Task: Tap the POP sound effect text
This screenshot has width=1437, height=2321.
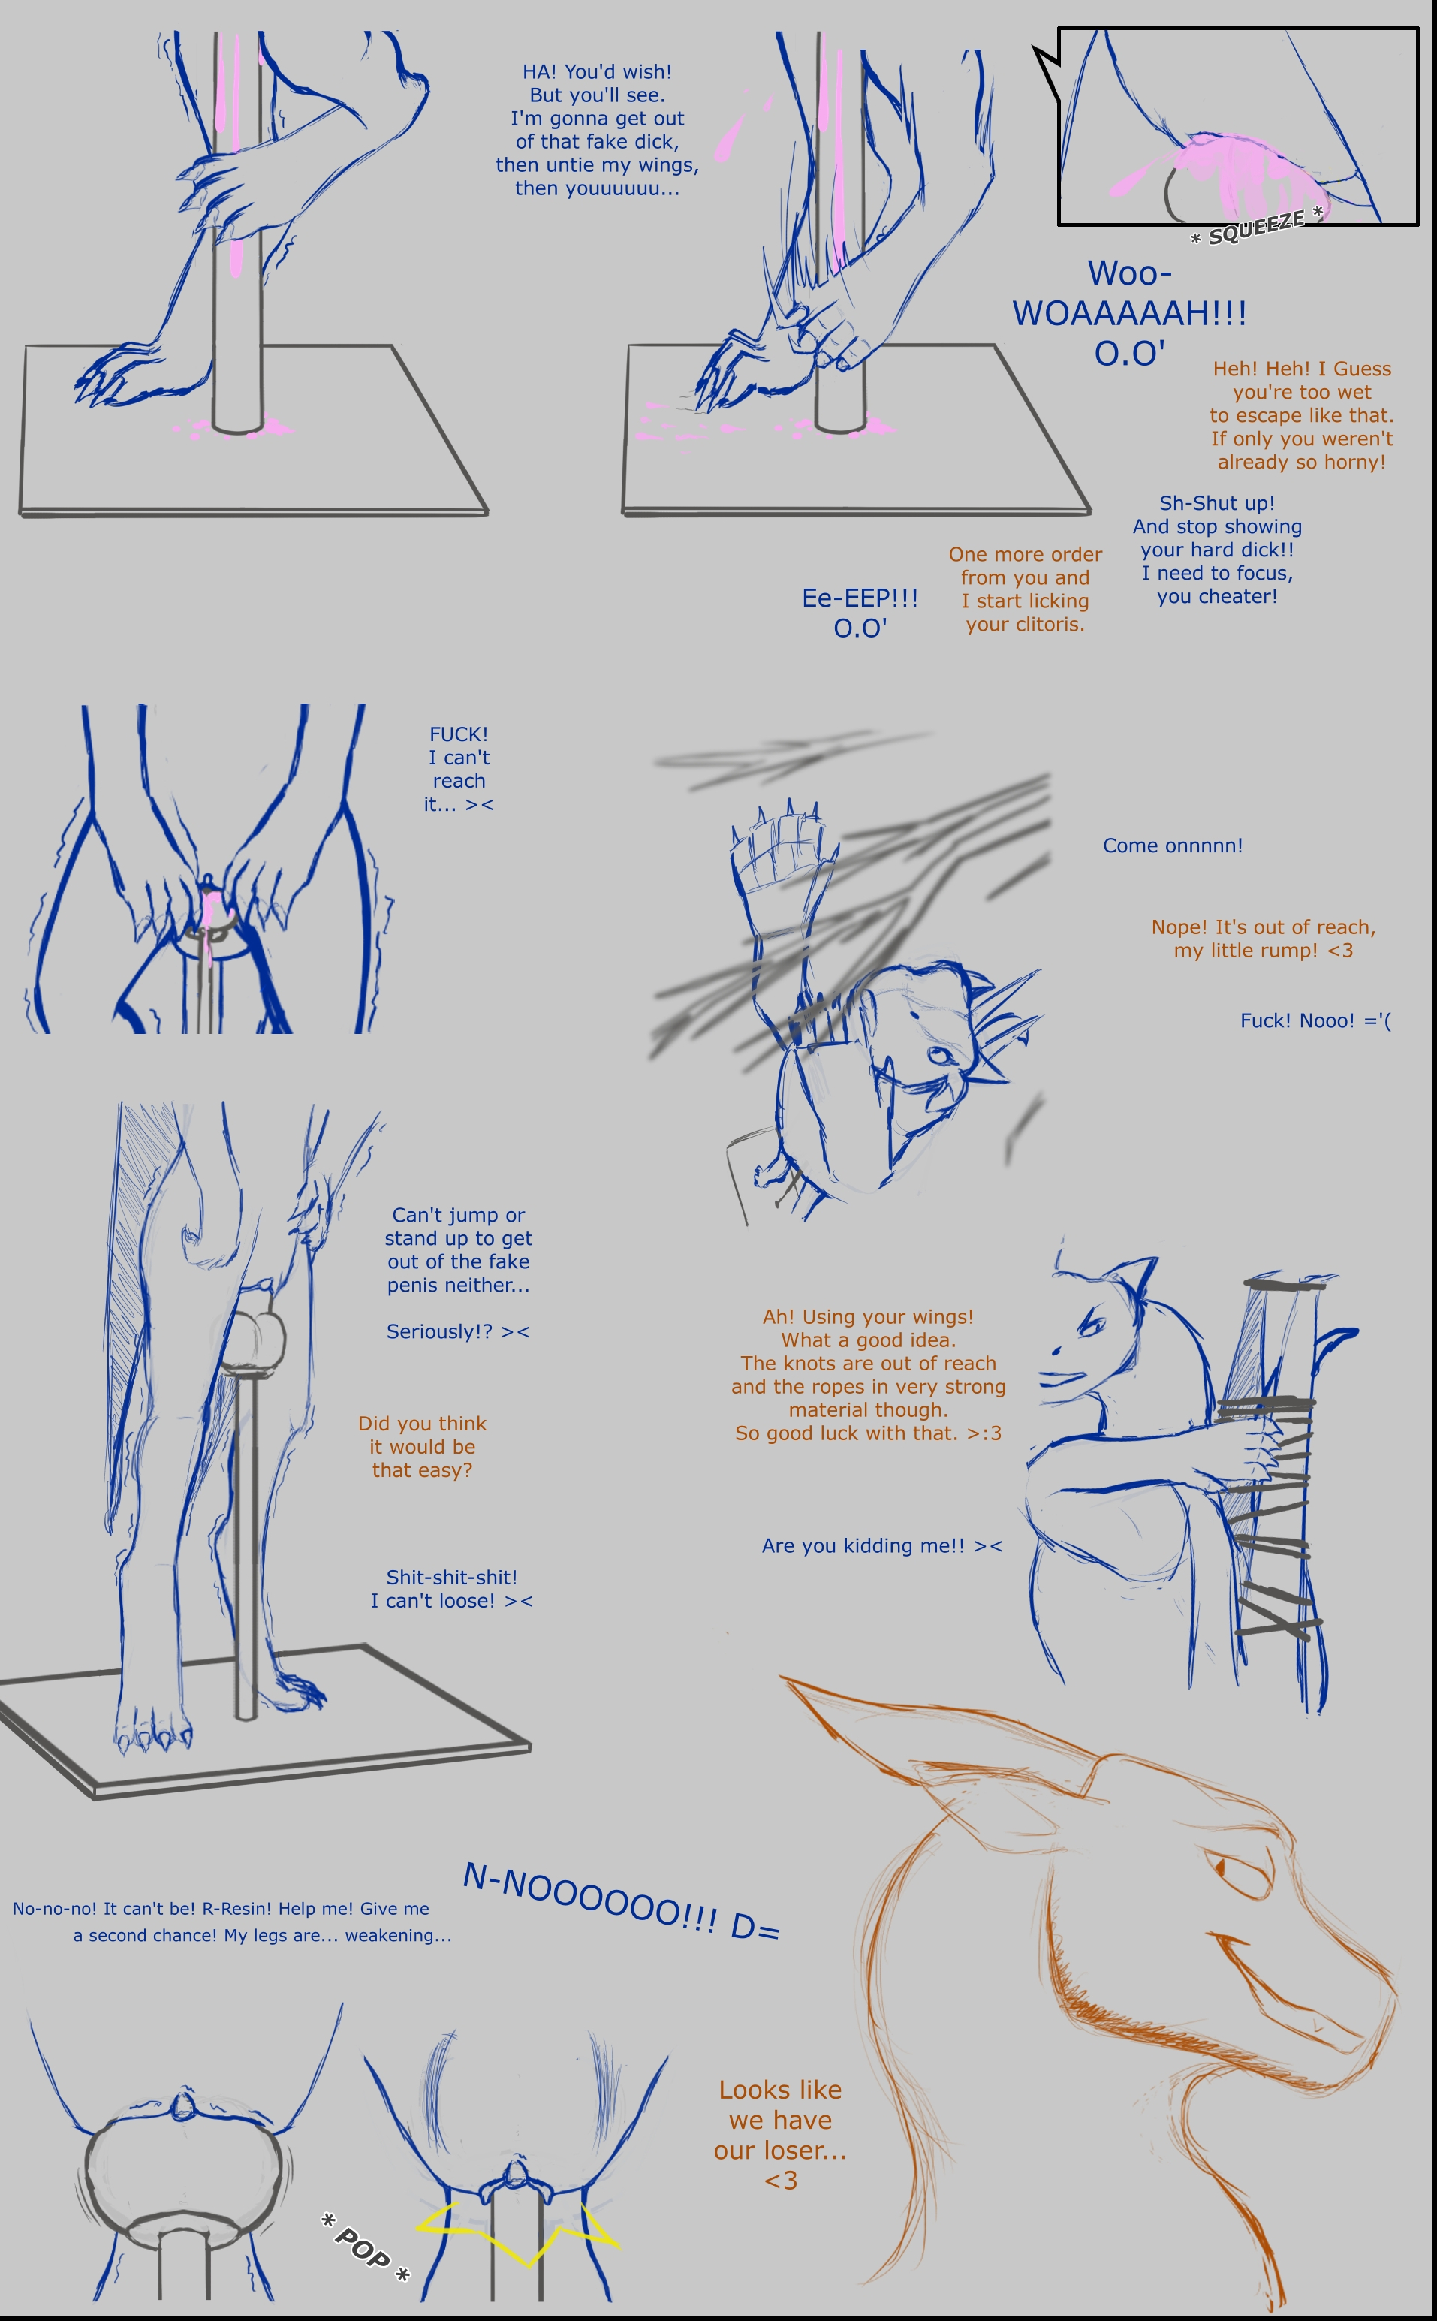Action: coord(365,2248)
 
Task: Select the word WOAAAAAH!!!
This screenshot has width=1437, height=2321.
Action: coord(1129,312)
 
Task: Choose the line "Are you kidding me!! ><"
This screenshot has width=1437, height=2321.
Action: coord(882,1545)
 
